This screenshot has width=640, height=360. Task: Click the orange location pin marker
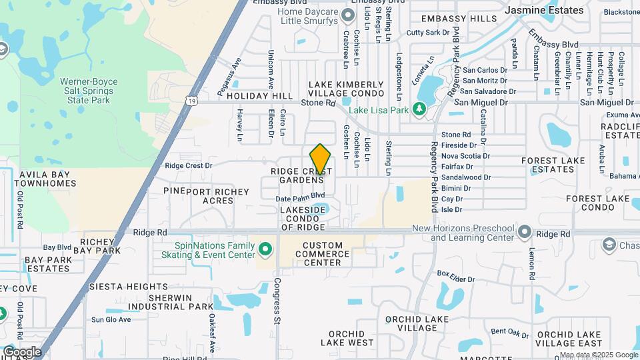[x=320, y=159]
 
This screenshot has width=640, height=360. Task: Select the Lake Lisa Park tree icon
[x=419, y=109]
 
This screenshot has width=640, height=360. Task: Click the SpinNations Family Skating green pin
[x=265, y=249]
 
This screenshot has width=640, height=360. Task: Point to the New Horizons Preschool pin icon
[x=525, y=232]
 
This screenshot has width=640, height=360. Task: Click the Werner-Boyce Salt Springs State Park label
[x=89, y=91]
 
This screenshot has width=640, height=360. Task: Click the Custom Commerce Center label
[x=322, y=253]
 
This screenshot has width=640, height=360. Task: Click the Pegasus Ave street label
[x=229, y=75]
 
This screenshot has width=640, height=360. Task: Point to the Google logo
[x=22, y=351]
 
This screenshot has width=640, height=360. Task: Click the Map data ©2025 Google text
[x=598, y=355]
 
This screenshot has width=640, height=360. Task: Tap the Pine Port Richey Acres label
[x=198, y=195]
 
